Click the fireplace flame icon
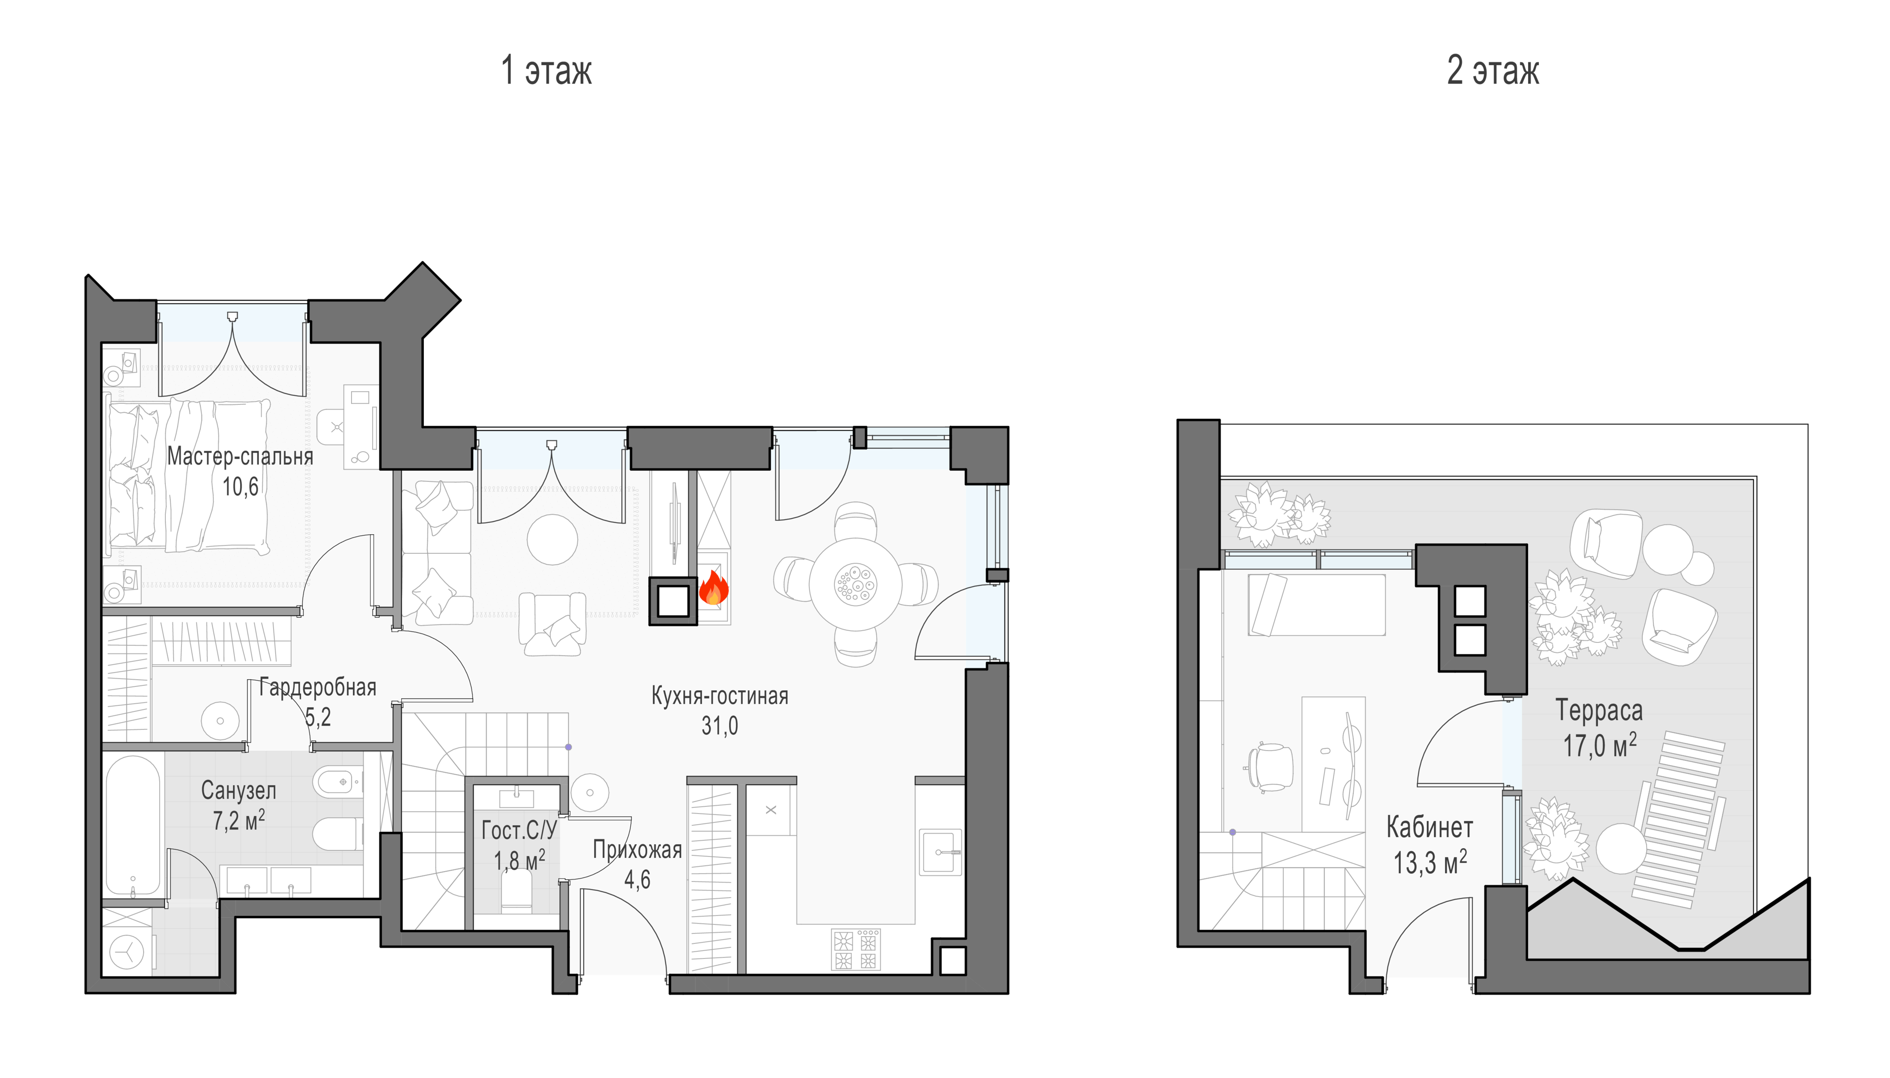[x=713, y=589]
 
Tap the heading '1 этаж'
[x=546, y=71]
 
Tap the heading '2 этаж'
[x=1493, y=71]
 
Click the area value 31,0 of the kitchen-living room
[x=720, y=726]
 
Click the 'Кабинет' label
[x=1429, y=827]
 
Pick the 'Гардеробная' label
[x=318, y=688]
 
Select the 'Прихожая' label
[x=637, y=850]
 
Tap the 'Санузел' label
[x=239, y=791]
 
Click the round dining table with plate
[x=855, y=583]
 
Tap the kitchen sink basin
[x=940, y=851]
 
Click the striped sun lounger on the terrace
[x=1681, y=818]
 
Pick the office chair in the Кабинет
[x=1270, y=767]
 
